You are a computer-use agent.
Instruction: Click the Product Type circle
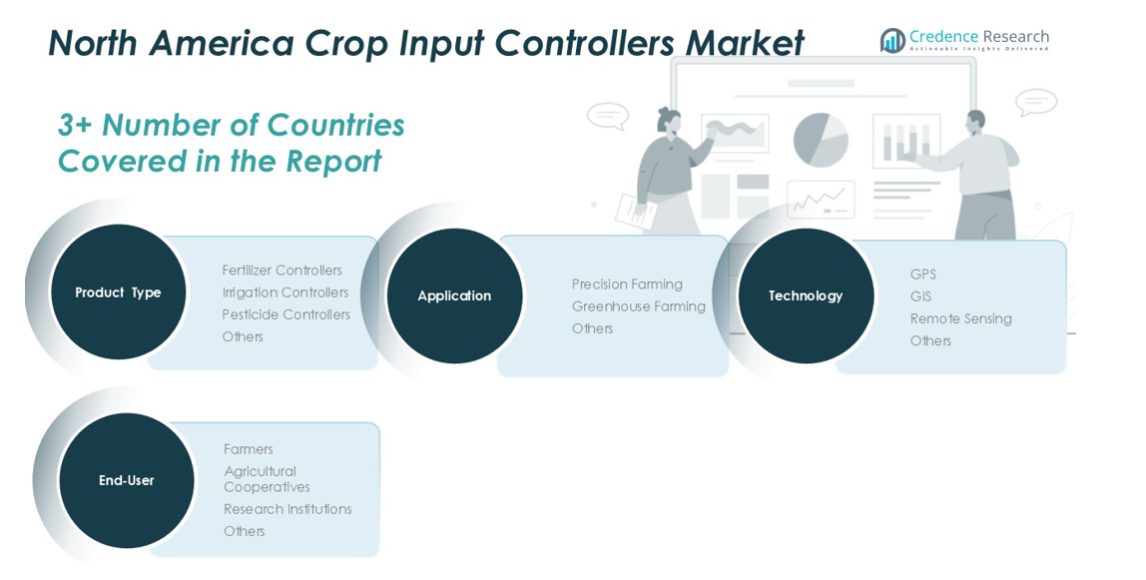coord(118,291)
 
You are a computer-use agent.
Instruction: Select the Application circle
coord(454,295)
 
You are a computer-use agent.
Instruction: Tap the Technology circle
coord(806,295)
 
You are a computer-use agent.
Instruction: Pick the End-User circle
coord(127,480)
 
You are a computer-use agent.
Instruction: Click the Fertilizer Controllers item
coord(283,271)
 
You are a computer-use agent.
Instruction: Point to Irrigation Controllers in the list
coord(286,292)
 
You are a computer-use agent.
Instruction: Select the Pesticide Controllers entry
coord(286,314)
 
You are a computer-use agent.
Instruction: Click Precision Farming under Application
coord(627,285)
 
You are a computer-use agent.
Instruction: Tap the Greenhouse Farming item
coord(639,306)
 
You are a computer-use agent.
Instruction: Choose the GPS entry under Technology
coord(923,274)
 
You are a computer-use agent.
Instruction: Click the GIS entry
coord(920,295)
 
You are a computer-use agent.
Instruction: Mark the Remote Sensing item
coord(961,318)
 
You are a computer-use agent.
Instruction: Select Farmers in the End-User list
coord(249,449)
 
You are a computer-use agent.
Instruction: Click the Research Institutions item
coord(287,509)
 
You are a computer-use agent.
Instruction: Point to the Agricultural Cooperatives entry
coord(267,479)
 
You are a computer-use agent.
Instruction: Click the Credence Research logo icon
coord(892,40)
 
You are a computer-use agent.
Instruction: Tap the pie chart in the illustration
coord(821,140)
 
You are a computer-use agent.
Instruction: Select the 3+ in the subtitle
coord(75,125)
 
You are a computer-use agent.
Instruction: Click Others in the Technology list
coord(930,340)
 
